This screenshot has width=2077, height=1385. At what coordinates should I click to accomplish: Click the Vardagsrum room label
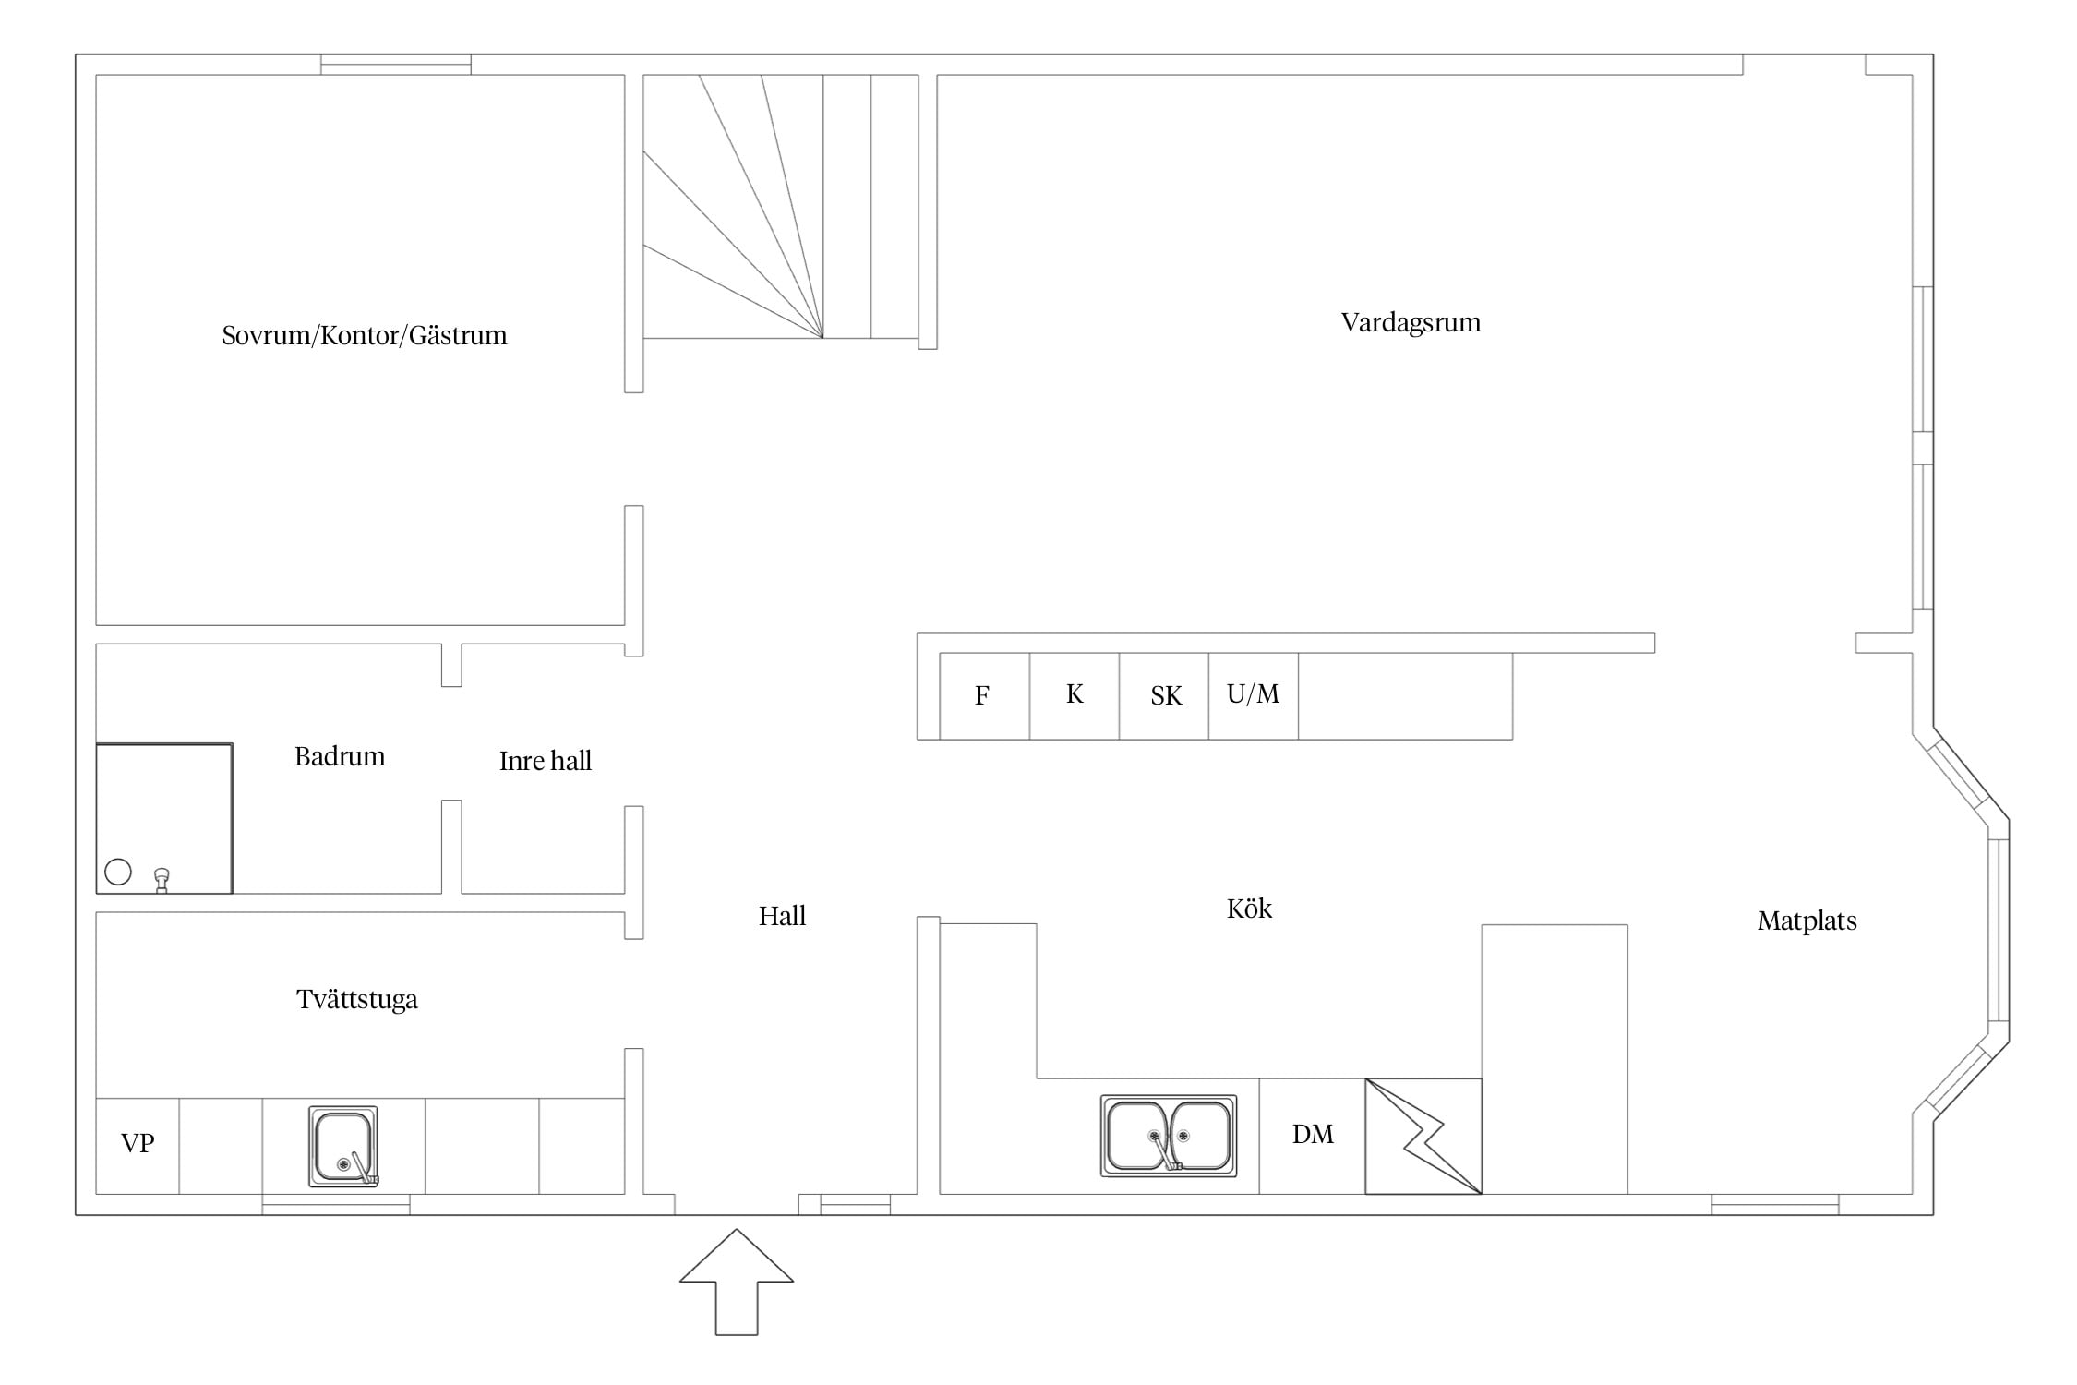pos(1411,323)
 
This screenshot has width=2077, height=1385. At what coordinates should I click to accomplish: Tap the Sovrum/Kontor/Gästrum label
pos(365,335)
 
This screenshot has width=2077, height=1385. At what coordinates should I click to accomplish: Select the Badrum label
pos(340,757)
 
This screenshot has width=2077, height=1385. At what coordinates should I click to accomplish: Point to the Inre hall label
pos(546,761)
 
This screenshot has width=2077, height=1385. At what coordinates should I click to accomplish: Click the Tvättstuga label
pos(357,999)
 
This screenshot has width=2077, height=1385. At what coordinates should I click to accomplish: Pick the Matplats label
pos(1807,921)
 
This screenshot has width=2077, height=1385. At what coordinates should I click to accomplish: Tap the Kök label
pos(1249,909)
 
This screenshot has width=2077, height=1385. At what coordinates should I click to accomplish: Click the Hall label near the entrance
pos(782,916)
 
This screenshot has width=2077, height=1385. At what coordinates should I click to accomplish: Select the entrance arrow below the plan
pos(737,1282)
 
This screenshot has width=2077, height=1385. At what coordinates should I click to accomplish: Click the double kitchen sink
pos(1169,1136)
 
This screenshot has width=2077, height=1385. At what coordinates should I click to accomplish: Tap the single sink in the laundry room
pos(343,1146)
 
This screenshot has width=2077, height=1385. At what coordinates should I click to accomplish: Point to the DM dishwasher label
pos(1313,1134)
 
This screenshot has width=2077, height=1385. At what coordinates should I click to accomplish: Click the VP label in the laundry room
pos(138,1143)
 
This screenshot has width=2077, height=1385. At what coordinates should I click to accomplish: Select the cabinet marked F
pos(984,696)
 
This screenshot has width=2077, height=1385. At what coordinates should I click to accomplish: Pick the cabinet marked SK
pos(1164,696)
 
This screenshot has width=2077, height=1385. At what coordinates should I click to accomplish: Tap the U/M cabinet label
pos(1253,693)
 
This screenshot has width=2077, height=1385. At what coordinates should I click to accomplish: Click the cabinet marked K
pos(1075,696)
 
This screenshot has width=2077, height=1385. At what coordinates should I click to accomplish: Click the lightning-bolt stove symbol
pos(1423,1136)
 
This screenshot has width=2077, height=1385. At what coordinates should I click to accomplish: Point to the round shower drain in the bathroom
pos(118,872)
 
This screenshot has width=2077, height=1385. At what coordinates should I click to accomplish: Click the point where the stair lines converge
pos(822,338)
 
